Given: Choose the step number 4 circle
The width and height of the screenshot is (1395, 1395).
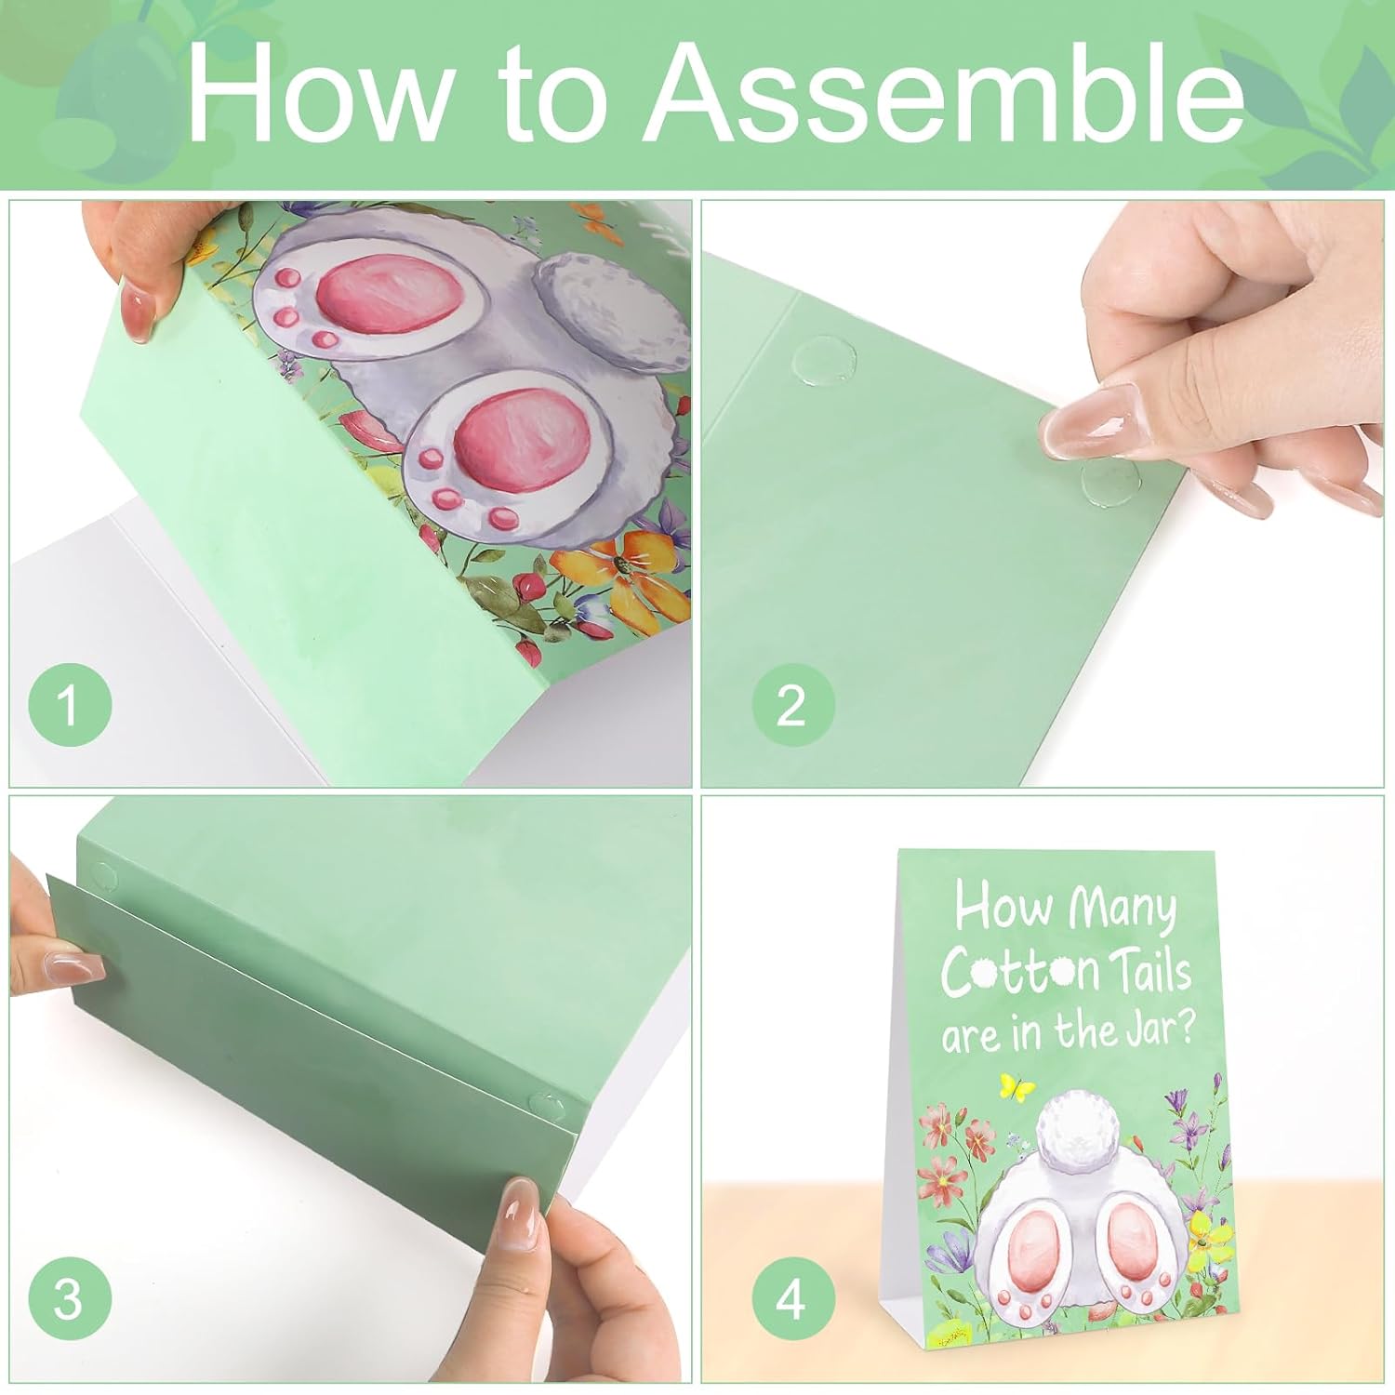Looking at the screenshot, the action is coord(791,1300).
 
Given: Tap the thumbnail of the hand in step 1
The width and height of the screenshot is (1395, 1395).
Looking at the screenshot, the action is coord(140,314).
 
